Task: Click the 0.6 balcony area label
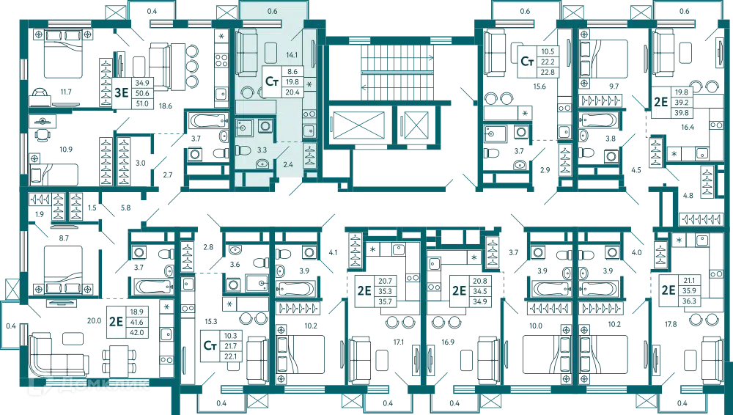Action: (273, 11)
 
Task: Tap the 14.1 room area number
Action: (292, 54)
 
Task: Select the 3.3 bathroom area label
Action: (262, 150)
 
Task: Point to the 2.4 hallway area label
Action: (288, 165)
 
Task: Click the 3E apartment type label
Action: (121, 92)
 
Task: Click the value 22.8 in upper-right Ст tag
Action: (547, 73)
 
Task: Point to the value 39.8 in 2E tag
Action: (682, 112)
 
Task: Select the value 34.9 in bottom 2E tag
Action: (481, 301)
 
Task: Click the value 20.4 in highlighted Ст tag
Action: (292, 92)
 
